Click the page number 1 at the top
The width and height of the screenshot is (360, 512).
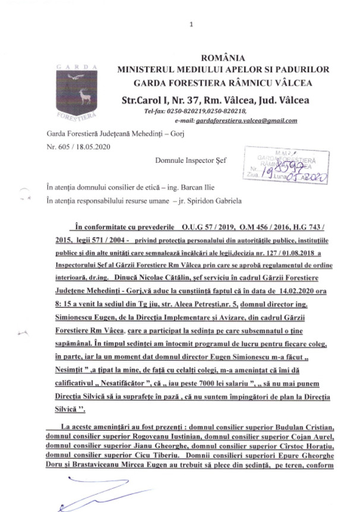tap(191, 24)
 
